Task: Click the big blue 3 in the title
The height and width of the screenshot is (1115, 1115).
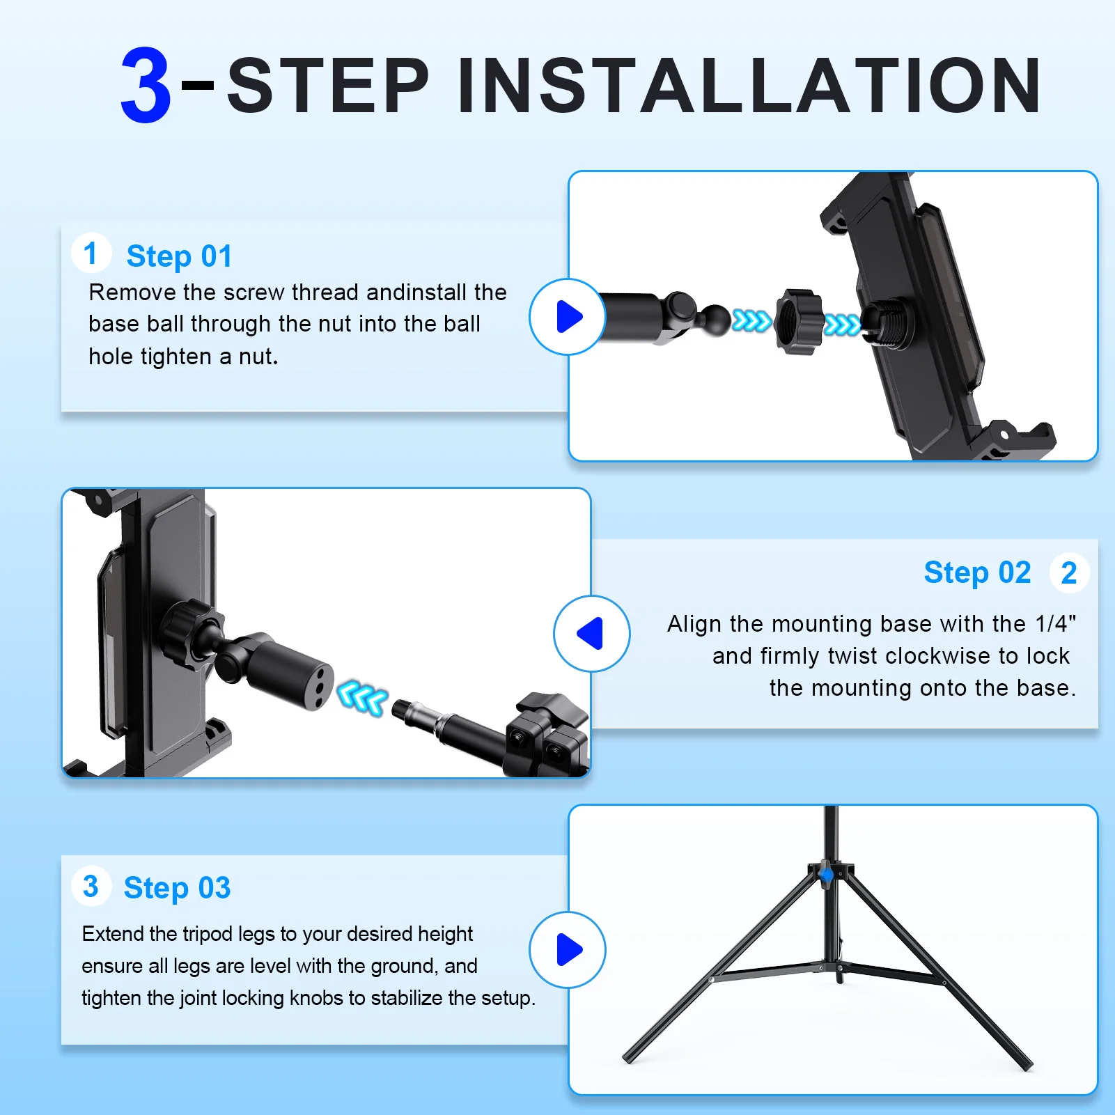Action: click(x=146, y=85)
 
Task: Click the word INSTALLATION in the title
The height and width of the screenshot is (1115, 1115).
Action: click(x=749, y=85)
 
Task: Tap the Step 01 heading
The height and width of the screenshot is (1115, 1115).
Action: click(x=179, y=256)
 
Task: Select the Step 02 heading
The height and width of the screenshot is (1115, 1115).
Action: click(x=977, y=572)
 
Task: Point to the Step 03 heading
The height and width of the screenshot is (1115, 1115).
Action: click(x=177, y=888)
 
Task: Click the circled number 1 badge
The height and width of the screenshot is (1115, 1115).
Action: click(x=91, y=253)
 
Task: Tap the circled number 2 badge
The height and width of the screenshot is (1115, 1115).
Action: click(x=1069, y=572)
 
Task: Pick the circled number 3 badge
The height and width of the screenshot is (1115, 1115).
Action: click(x=91, y=887)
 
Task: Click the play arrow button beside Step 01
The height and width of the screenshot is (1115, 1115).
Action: click(x=568, y=317)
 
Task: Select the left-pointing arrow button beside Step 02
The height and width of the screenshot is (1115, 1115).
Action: click(x=592, y=633)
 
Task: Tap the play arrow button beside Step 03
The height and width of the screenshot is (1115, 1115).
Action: click(x=568, y=950)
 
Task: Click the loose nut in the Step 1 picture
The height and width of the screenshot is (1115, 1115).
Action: click(x=799, y=322)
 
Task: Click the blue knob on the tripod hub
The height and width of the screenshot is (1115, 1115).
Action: click(x=827, y=874)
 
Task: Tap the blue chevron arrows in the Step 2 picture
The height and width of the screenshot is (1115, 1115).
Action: click(x=362, y=698)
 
